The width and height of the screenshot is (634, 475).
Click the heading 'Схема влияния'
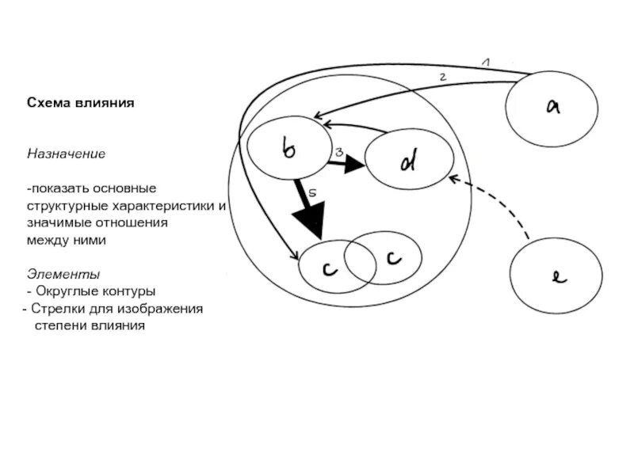(81, 104)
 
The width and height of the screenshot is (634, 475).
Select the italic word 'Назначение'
(67, 153)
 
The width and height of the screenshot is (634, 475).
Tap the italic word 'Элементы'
(63, 274)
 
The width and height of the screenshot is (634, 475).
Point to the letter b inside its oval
(288, 147)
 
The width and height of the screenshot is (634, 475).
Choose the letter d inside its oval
(407, 161)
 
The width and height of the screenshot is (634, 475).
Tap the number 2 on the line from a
(444, 77)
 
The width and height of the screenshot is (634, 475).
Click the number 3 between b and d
(338, 152)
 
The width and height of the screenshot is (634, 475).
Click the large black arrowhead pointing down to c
(310, 218)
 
